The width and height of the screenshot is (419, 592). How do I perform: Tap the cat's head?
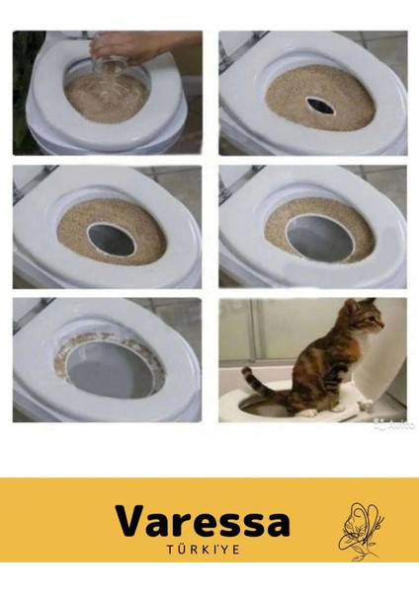(362, 323)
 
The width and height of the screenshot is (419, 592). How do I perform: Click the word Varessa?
(202, 521)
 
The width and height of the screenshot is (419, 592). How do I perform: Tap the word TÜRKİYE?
(203, 549)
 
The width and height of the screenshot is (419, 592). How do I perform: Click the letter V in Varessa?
(131, 521)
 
